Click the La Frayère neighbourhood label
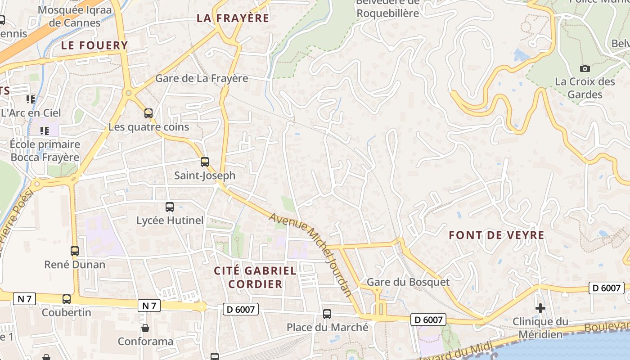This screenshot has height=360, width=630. pos(233,18)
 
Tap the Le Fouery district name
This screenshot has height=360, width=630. pos(94,45)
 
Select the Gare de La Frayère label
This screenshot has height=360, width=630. pos(201,78)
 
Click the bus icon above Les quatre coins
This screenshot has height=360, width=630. pos(148,113)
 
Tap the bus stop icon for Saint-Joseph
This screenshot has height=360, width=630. pos(205,162)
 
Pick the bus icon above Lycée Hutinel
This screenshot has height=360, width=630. pos(170,207)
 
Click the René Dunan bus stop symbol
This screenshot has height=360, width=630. pos(75,251)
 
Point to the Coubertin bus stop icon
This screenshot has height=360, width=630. pos(67,299)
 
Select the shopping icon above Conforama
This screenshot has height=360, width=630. pos(145,328)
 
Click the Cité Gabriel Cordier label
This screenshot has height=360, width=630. pos(255,277)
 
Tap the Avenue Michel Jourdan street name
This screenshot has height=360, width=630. pos(310,254)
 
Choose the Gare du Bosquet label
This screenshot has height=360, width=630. pos(408,282)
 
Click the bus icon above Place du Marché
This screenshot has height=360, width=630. pos(327,314)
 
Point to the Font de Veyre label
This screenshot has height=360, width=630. pos(496,235)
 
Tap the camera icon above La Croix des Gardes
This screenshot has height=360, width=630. pos(585,68)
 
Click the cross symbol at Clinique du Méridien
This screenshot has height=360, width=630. pos(540,308)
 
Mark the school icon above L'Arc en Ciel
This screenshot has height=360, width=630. pos(31,99)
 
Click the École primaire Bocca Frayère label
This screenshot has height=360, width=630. pos(45,151)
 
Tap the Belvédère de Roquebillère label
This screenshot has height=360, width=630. pos(387,8)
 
